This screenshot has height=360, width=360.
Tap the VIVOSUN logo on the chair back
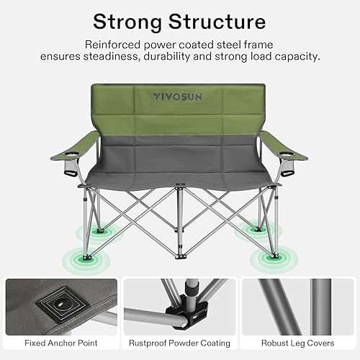pyautogui.click(x=177, y=95)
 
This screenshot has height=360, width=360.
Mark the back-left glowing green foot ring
pyautogui.click(x=96, y=233)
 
